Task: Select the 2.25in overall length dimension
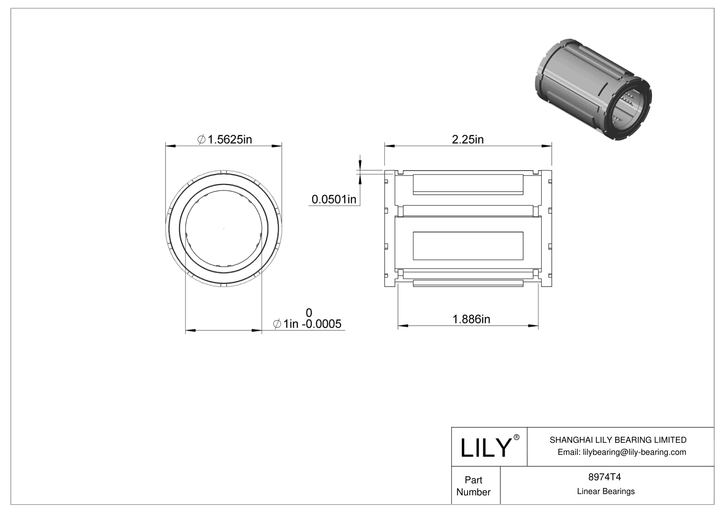click(468, 140)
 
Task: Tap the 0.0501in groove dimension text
click(334, 199)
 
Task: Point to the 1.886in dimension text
click(471, 319)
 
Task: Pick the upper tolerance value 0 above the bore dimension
click(309, 312)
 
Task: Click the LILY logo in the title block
click(486, 448)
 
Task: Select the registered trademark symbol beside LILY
click(517, 437)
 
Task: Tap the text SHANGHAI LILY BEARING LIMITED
click(618, 440)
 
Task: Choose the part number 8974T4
click(604, 477)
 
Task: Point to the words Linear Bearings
click(606, 491)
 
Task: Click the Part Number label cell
click(474, 486)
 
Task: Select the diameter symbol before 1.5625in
click(201, 140)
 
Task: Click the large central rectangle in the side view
click(468, 246)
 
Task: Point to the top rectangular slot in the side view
click(468, 183)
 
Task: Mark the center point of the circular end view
click(224, 228)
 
